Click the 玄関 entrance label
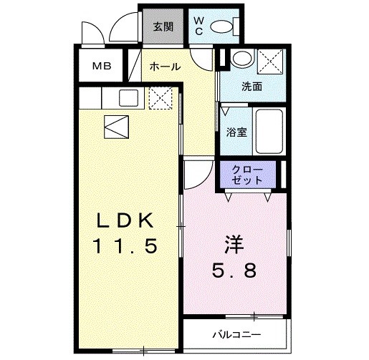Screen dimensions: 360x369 163,27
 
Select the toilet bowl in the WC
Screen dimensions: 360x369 224,27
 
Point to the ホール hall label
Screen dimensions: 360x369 164,67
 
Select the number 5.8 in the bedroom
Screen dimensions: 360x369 234,271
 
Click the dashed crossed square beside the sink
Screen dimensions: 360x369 158,99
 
